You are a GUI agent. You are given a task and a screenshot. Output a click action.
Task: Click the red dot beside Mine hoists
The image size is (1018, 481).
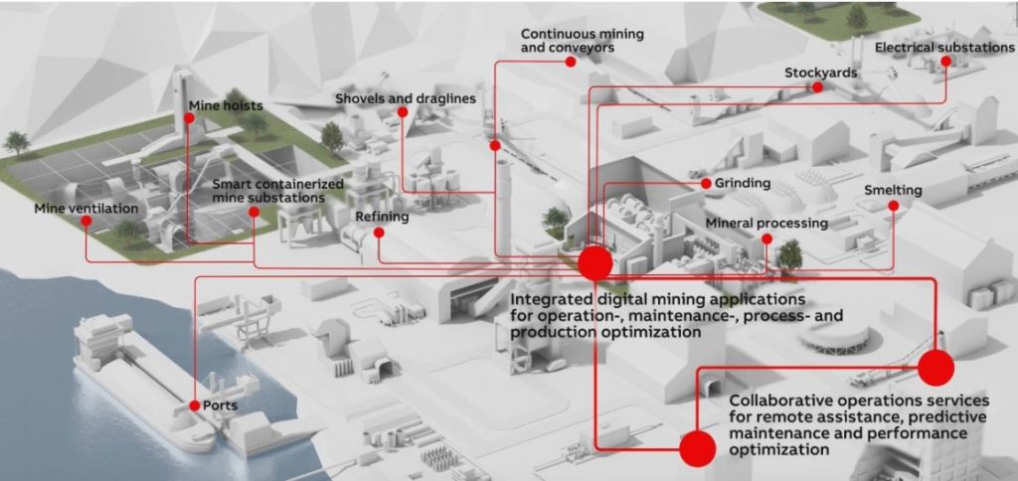[x=189, y=118]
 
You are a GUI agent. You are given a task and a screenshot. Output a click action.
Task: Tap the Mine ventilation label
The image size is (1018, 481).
[x=87, y=209]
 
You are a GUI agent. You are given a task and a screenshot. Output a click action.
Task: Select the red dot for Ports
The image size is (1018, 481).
[x=194, y=405]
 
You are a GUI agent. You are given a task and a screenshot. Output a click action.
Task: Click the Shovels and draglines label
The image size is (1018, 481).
[x=406, y=98]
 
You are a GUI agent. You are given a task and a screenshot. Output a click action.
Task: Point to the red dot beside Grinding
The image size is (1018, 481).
[x=707, y=184]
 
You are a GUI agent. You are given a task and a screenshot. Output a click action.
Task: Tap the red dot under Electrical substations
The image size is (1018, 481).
[x=946, y=61]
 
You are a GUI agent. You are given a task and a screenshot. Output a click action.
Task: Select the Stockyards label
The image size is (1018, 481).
[x=820, y=73]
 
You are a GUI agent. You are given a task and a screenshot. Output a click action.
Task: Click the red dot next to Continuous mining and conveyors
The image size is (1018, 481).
[x=570, y=62]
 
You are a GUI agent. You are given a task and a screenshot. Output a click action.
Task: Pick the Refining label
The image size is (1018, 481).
[x=382, y=217]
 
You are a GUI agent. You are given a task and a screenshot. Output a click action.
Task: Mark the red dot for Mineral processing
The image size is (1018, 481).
[x=766, y=239]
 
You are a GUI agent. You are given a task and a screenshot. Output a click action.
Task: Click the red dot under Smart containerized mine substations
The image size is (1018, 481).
[x=254, y=212]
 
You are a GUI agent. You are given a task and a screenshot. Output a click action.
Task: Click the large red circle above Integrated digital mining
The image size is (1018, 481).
[x=594, y=263]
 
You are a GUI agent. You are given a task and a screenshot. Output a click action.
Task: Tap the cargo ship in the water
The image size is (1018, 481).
[x=144, y=383]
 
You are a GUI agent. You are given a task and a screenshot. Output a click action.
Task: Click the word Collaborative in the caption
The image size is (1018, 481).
[x=774, y=400]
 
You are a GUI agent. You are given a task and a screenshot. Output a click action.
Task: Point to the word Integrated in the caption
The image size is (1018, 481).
[x=550, y=300]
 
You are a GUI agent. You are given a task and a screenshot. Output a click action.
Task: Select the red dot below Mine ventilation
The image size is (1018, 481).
[x=85, y=221]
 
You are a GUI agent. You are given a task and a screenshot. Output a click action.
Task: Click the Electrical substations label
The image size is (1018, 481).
[x=944, y=48]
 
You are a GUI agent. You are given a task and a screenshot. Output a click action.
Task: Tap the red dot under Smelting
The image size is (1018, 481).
[x=894, y=206]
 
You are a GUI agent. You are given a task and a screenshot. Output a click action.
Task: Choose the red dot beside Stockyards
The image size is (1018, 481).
[x=818, y=86]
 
